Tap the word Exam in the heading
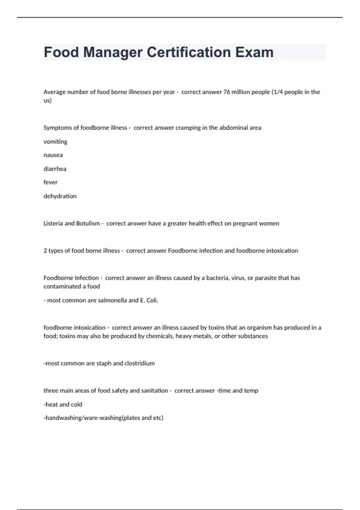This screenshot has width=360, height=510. click(x=254, y=52)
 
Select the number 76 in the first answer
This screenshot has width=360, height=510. click(x=227, y=92)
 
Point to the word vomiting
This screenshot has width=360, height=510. click(x=55, y=142)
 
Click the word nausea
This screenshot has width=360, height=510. click(x=53, y=155)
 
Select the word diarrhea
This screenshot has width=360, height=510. click(x=55, y=169)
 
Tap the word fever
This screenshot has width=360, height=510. click(x=50, y=182)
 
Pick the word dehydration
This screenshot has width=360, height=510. click(x=60, y=196)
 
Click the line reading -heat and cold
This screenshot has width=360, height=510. click(x=63, y=404)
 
